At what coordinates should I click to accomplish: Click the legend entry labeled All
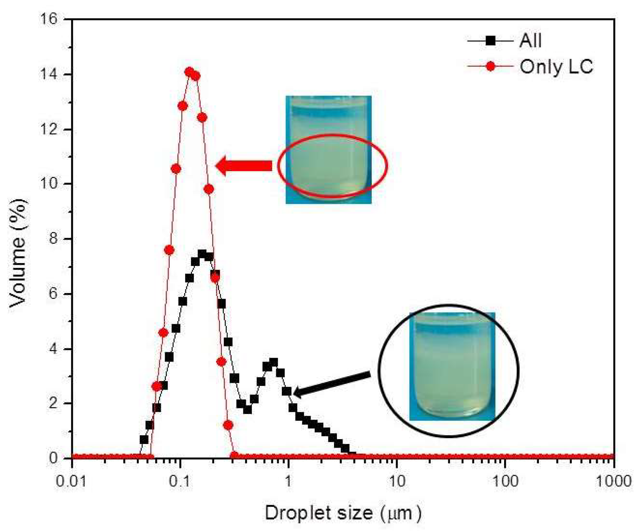pyautogui.click(x=530, y=40)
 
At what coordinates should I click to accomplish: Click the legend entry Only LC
pyautogui.click(x=556, y=67)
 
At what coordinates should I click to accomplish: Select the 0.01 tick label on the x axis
pyautogui.click(x=71, y=482)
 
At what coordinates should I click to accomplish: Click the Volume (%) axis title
pyautogui.click(x=18, y=252)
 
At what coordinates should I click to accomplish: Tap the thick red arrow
pyautogui.click(x=244, y=166)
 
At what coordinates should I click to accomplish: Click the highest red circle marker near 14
pyautogui.click(x=189, y=72)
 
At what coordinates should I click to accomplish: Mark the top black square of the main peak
pyautogui.click(x=202, y=254)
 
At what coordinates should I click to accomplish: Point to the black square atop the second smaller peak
pyautogui.click(x=273, y=362)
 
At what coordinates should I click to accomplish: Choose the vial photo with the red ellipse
pyautogui.click(x=328, y=149)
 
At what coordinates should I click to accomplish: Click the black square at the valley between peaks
pyautogui.click(x=247, y=409)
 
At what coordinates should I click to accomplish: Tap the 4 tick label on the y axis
pyautogui.click(x=54, y=349)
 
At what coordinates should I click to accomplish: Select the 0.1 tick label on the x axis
pyautogui.click(x=180, y=482)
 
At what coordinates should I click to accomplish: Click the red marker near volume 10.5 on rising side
pyautogui.click(x=176, y=169)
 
